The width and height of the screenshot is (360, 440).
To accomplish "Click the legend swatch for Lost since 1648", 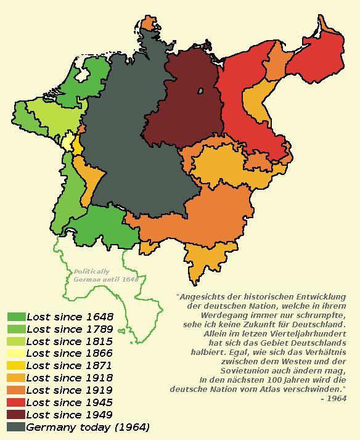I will pyautogui.click(x=16, y=317).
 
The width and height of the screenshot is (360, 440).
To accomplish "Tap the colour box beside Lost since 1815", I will pyautogui.click(x=16, y=341).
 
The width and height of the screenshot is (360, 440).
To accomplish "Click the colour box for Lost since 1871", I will pyautogui.click(x=16, y=365).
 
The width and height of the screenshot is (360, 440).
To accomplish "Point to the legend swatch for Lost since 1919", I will pyautogui.click(x=16, y=390).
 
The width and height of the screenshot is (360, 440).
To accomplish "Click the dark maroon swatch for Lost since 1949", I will pyautogui.click(x=16, y=415).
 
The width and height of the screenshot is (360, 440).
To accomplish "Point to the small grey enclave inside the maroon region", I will pyautogui.click(x=201, y=92).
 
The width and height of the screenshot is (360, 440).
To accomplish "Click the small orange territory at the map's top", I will pyautogui.click(x=148, y=23).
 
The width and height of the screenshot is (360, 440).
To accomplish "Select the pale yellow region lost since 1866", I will pyautogui.click(x=67, y=142).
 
